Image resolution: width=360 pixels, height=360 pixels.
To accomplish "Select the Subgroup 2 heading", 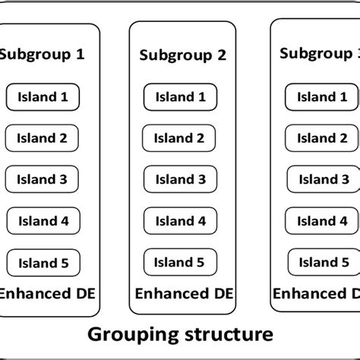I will [183, 55].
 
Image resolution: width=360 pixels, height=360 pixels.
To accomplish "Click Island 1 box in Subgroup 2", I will [181, 97].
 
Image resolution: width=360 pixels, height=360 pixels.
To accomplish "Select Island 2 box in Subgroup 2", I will [181, 138].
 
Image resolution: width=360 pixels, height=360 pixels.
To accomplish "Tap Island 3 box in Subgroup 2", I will [181, 180].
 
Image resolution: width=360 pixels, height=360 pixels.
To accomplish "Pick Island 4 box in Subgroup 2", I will [181, 222].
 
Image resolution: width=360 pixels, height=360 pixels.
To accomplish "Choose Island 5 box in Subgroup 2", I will [181, 263].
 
